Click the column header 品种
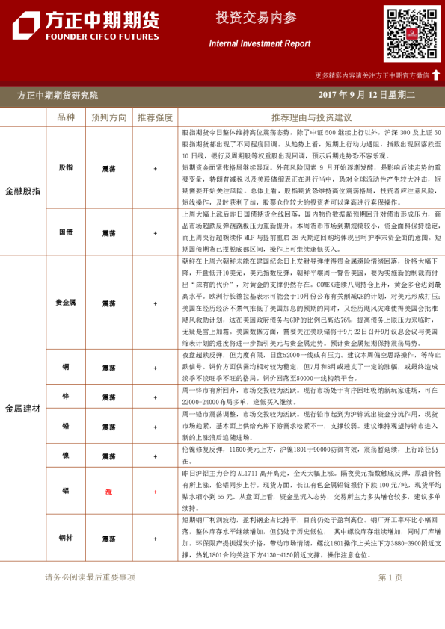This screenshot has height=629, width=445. [66, 117]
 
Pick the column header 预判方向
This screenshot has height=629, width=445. [108, 117]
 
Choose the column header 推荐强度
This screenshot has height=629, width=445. [155, 117]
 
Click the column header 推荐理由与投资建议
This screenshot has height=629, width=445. [311, 117]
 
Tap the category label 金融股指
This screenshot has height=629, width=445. [22, 191]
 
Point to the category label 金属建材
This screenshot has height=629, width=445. [22, 409]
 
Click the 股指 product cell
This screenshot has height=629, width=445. [66, 169]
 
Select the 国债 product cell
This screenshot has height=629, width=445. [66, 233]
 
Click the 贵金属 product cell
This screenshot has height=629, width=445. [66, 303]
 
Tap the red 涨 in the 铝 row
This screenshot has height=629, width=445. [108, 492]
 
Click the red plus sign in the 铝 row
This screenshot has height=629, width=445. [155, 492]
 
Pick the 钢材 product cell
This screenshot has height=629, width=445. [66, 539]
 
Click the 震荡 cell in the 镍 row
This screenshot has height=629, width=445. [108, 456]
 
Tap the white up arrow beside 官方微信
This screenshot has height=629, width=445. [436, 75]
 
